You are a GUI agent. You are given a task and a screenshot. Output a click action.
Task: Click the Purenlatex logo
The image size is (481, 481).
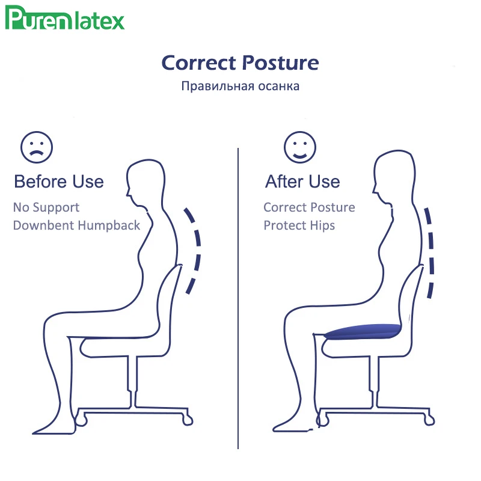click(x=65, y=19)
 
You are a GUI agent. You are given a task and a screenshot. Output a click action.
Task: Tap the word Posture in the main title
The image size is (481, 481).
click(x=281, y=63)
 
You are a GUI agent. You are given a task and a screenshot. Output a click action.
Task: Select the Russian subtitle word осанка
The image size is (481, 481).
click(x=278, y=86)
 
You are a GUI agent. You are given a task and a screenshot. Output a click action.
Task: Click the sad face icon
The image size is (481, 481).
click(x=37, y=147)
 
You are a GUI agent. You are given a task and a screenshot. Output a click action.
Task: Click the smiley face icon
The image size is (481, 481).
click(x=299, y=147)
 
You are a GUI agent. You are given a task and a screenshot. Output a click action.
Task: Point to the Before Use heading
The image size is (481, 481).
click(x=59, y=182)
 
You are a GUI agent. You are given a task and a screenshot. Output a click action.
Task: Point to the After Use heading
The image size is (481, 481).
click(x=302, y=182)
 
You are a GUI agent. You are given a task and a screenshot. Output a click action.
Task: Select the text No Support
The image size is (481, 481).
click(x=46, y=207)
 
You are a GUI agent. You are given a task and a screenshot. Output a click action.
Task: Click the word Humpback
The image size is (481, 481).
click(x=110, y=225)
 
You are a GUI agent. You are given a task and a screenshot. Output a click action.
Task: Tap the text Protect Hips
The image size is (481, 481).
click(x=299, y=225)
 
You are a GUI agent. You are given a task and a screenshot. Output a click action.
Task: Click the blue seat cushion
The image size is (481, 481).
click(x=363, y=332)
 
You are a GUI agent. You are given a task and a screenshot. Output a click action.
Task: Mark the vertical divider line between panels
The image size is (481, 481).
click(x=238, y=298)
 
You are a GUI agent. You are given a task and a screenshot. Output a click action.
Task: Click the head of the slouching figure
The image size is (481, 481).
click(x=146, y=182)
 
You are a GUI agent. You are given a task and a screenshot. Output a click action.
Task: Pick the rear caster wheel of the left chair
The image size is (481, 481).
click(x=188, y=420)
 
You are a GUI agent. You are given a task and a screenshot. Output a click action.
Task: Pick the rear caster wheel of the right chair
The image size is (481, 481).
click(x=429, y=420)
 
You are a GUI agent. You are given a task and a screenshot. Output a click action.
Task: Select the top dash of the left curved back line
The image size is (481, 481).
click(x=189, y=215)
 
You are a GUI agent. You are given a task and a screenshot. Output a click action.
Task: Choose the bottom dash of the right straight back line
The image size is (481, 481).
click(x=431, y=290)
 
